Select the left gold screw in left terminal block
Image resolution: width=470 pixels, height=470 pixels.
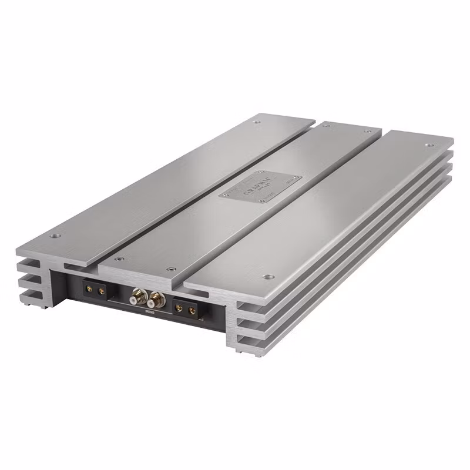point(90,288)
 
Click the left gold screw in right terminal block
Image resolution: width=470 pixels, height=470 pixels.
point(179,307)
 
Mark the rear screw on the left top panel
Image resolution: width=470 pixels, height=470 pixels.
point(256,122)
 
